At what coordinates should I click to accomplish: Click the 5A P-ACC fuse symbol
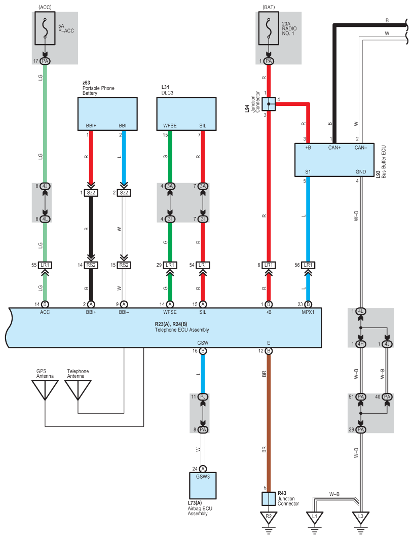coord(45,30)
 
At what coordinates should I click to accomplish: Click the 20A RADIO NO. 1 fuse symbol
coord(269,30)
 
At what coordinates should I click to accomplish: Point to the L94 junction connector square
coord(269,104)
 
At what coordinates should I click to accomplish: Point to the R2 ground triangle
coord(269,518)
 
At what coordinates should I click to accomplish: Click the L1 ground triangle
coord(314,518)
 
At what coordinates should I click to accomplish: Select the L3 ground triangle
coord(360,518)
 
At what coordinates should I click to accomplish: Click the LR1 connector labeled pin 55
coord(45,265)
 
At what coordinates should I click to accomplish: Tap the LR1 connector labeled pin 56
coord(308,265)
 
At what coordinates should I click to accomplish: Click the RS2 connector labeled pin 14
coord(91,265)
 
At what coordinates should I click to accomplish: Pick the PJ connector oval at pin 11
coord(203,397)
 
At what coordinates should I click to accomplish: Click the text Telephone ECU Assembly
coord(182,330)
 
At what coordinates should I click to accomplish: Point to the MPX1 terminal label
coord(308,313)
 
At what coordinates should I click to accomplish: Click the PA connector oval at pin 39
coord(360,429)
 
